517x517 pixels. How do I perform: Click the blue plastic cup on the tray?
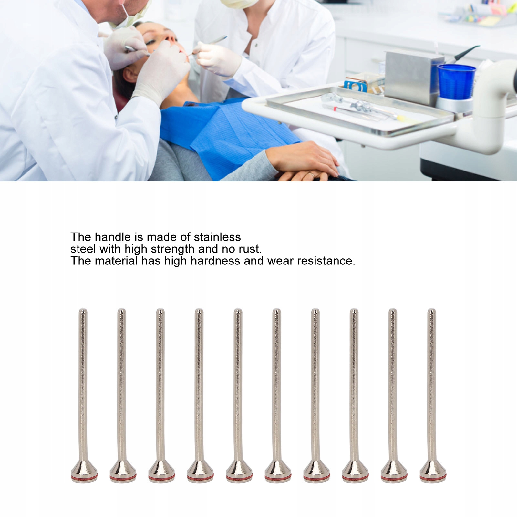pos(456,82)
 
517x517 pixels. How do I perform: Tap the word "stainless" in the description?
pos(217,237)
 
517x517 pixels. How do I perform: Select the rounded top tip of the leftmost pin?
pos(83,310)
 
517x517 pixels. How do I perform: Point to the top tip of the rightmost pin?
pos(432,310)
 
